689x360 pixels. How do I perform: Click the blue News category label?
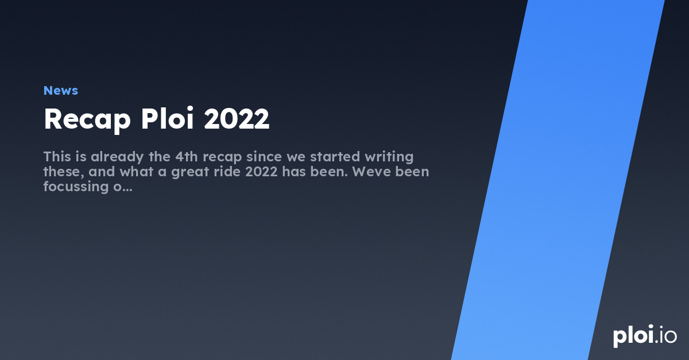tap(60, 91)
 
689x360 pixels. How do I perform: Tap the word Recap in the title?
tap(87, 119)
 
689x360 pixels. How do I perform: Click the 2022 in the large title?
tap(237, 119)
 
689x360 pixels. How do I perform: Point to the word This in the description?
tap(57, 156)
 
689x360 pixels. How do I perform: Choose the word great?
tap(184, 172)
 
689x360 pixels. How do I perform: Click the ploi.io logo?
tap(644, 336)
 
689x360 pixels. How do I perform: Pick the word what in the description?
tap(135, 171)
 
